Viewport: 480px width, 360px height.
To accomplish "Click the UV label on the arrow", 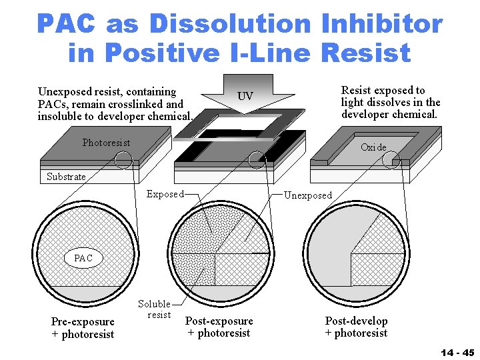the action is pyautogui.click(x=245, y=97).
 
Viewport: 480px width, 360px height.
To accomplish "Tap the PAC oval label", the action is pyautogui.click(x=83, y=258).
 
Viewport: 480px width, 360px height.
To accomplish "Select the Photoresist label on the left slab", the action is pyautogui.click(x=106, y=143).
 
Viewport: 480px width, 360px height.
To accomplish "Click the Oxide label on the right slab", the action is pyautogui.click(x=373, y=147).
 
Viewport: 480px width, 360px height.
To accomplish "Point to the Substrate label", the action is pyautogui.click(x=66, y=177).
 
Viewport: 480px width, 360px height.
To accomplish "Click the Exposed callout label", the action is pyautogui.click(x=165, y=195).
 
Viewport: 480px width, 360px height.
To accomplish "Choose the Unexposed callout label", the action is pyautogui.click(x=307, y=195).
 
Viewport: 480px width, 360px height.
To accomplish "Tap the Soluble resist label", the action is pyautogui.click(x=155, y=309).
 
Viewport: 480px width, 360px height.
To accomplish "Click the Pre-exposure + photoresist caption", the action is pyautogui.click(x=83, y=328).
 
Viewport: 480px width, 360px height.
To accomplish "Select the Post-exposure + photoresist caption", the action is pyautogui.click(x=219, y=327).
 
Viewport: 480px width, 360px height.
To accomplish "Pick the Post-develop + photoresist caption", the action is pyautogui.click(x=356, y=327).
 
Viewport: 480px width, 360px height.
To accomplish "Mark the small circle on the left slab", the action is pyautogui.click(x=123, y=159).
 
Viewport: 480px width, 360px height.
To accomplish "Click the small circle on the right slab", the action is pyautogui.click(x=391, y=159).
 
